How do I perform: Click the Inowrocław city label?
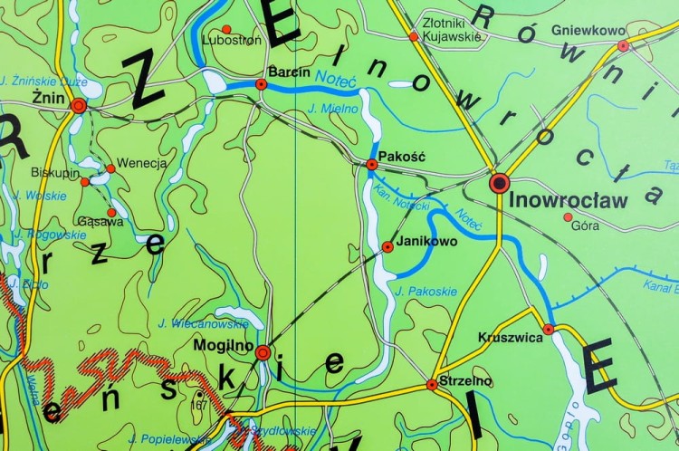coord(569,200)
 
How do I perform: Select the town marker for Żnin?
coord(78,106)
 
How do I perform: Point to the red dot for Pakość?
coord(371,164)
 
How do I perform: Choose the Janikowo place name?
coord(426,242)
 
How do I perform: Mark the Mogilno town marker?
coord(263,352)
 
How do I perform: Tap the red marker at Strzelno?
coord(432,385)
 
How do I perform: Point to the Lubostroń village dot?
coord(226,29)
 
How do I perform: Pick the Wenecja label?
coord(142,164)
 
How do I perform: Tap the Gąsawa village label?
coord(75,221)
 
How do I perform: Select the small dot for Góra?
coord(568,216)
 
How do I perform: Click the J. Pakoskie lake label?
coord(426,291)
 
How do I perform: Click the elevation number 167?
coord(199,404)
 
